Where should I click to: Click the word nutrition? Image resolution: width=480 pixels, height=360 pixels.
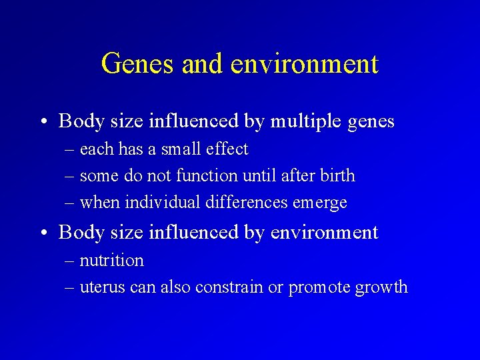tap(111, 261)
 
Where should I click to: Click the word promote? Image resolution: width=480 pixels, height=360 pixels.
tap(315, 288)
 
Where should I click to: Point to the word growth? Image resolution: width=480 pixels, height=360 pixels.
tap(381, 288)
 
